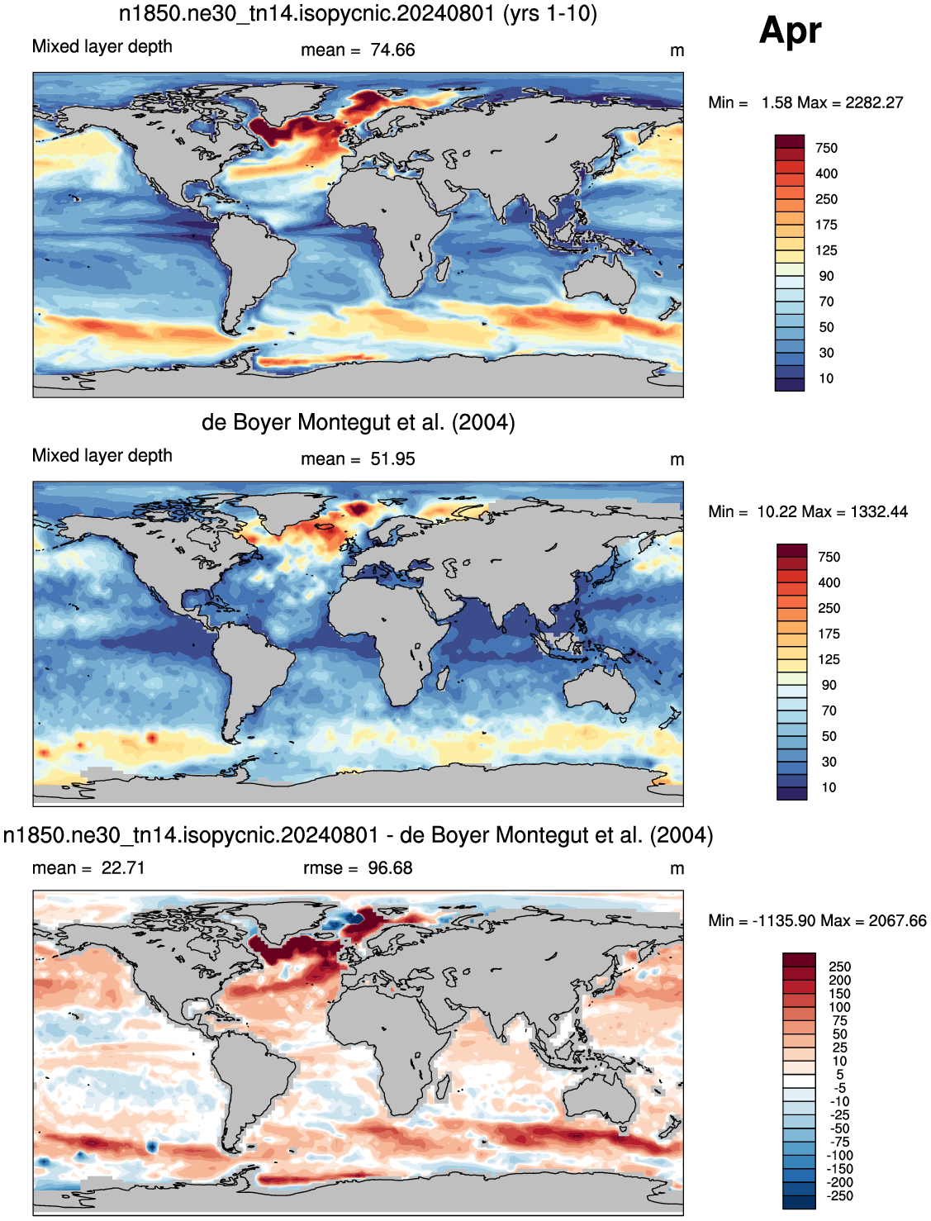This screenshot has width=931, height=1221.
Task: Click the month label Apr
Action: click(x=790, y=31)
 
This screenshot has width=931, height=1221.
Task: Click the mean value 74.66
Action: click(x=392, y=50)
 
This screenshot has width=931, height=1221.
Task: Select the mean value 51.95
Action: click(x=392, y=459)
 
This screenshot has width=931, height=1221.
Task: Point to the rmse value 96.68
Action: click(x=390, y=867)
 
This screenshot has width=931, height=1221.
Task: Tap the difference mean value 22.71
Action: click(x=123, y=867)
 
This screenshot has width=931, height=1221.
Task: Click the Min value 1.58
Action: click(x=777, y=102)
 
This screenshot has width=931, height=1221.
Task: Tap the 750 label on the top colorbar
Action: click(x=826, y=148)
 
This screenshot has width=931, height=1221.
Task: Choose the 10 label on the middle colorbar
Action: click(x=829, y=787)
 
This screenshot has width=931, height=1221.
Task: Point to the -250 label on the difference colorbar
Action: click(x=839, y=1195)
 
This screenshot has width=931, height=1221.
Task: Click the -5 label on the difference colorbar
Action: click(x=839, y=1087)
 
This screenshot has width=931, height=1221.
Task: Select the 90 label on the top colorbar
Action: click(x=826, y=276)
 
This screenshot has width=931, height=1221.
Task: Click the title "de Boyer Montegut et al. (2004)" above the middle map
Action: click(x=359, y=422)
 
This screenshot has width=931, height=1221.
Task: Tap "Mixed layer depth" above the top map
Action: click(x=102, y=46)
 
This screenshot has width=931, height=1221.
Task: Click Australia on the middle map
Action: click(x=600, y=689)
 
